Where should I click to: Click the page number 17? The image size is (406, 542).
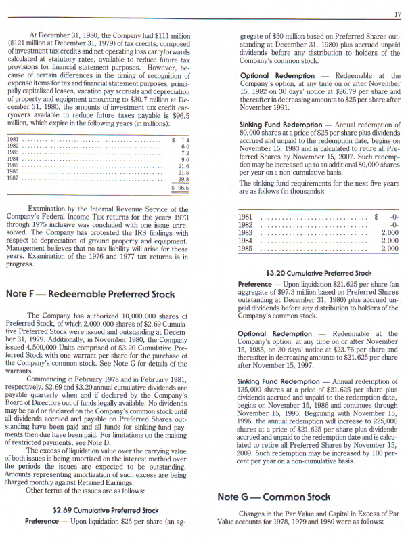[x=397, y=15]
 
